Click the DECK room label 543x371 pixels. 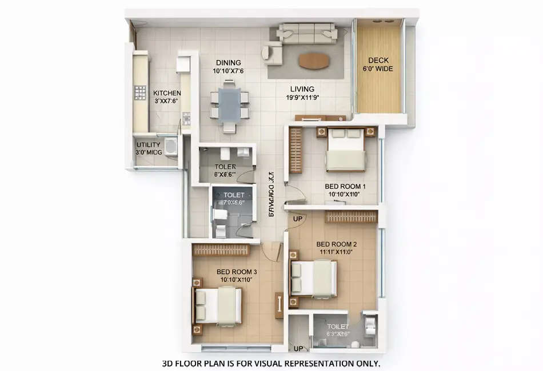378,61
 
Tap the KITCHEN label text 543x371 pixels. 167,93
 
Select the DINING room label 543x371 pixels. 228,63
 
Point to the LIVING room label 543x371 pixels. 302,89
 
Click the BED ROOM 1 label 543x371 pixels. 345,187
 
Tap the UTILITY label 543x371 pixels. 148,145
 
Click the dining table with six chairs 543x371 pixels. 229,106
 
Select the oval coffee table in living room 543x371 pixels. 314,61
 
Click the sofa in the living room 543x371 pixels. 307,33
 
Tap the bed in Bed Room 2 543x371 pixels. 313,278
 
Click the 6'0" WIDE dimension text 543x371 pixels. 378,69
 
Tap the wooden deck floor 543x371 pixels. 378,91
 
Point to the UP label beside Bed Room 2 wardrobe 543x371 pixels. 298,219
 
